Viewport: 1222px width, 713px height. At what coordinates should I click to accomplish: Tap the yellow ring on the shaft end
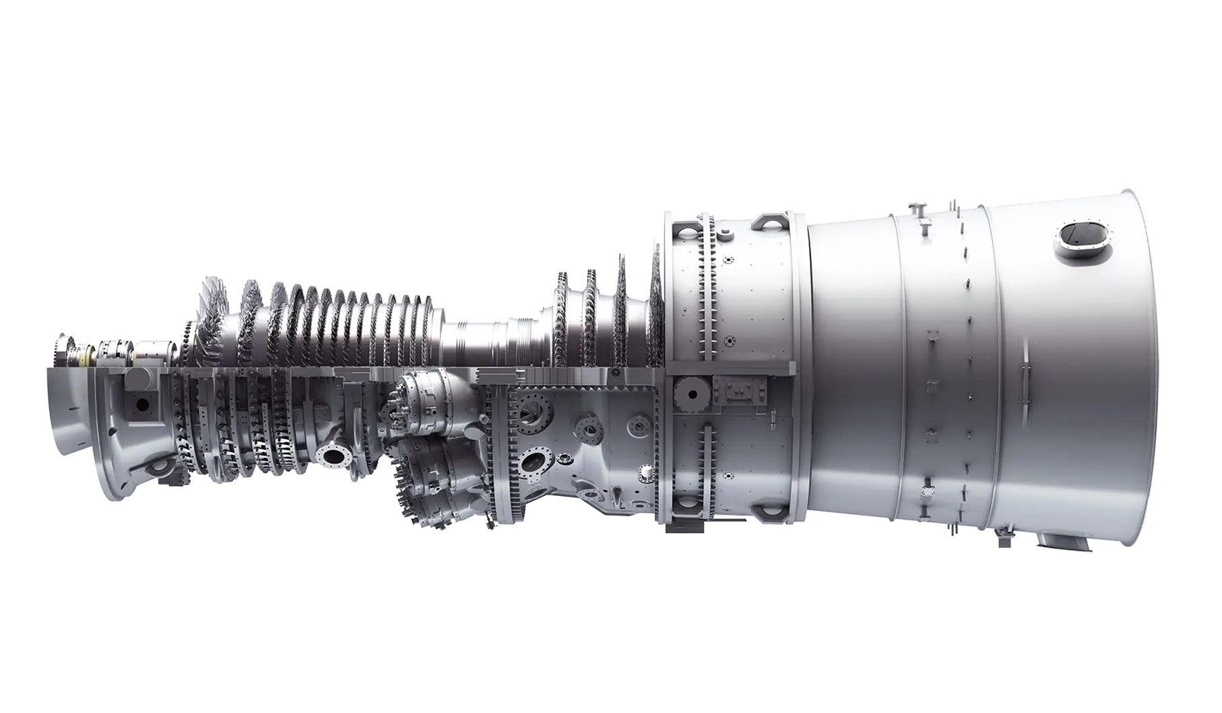pyautogui.click(x=86, y=351)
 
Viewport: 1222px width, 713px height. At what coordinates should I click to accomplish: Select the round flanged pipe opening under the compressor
pyautogui.click(x=333, y=456)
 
